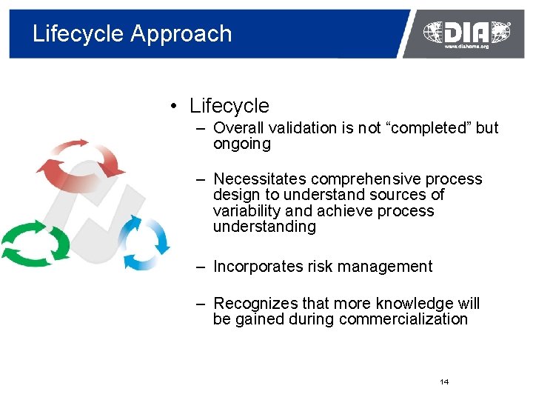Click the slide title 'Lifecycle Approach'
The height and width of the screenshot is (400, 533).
(132, 34)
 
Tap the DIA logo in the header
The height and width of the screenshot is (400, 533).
(466, 31)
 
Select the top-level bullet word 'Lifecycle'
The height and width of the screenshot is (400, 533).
(229, 107)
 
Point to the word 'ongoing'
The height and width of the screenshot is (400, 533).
(242, 144)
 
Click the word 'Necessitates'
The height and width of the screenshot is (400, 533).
(260, 179)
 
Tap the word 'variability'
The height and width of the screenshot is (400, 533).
(245, 211)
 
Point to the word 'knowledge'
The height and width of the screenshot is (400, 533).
(417, 304)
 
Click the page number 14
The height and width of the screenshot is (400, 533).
(444, 381)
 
